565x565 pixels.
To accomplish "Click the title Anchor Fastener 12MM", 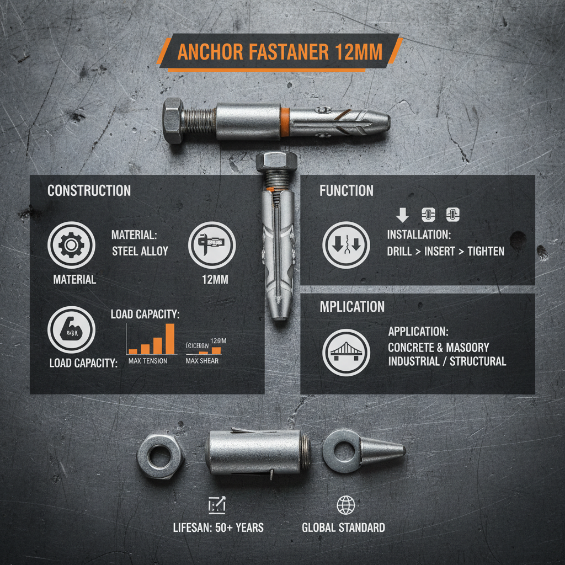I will click(279, 52).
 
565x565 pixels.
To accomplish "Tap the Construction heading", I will click(89, 191).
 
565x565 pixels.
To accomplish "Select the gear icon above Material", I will click(71, 245).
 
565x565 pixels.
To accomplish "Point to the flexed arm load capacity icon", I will click(71, 329).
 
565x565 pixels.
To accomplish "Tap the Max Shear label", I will click(202, 361).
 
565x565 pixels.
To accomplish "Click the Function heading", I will click(347, 191).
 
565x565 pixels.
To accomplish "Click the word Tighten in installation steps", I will click(486, 251).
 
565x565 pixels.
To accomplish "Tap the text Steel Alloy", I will click(140, 251).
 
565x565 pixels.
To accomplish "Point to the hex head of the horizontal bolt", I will click(174, 121).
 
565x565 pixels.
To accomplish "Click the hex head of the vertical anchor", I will click(276, 161).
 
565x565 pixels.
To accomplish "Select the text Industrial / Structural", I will click(447, 362).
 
